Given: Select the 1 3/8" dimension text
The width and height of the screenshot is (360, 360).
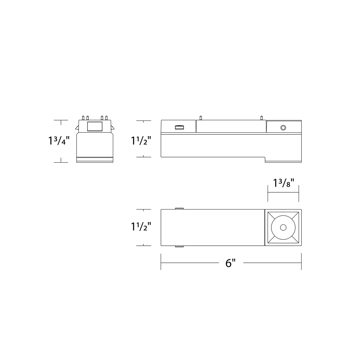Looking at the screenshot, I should [x=283, y=183].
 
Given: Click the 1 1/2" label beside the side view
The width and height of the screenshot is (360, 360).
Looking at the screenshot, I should [x=140, y=141].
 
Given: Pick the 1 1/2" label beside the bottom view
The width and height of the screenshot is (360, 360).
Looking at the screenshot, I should [x=140, y=227].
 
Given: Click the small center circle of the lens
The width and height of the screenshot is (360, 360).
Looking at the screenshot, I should [x=283, y=227].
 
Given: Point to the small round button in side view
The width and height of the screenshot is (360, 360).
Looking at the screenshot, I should [x=283, y=128].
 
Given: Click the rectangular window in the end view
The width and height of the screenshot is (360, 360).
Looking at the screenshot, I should [x=94, y=126].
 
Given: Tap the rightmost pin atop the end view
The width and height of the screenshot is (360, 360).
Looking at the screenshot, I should [x=106, y=118].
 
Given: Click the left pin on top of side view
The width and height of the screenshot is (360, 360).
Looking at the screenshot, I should [x=200, y=117].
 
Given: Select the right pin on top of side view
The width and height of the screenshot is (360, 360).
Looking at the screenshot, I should [x=262, y=117].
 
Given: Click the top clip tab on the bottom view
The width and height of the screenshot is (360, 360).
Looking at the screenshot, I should [x=179, y=208].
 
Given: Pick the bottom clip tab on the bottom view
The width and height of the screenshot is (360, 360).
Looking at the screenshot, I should [x=179, y=247].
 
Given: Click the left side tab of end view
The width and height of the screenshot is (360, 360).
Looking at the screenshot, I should [x=77, y=128].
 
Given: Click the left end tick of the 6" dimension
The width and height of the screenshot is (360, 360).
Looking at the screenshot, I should [x=161, y=262].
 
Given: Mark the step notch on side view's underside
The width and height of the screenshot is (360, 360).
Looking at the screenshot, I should [x=265, y=160].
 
